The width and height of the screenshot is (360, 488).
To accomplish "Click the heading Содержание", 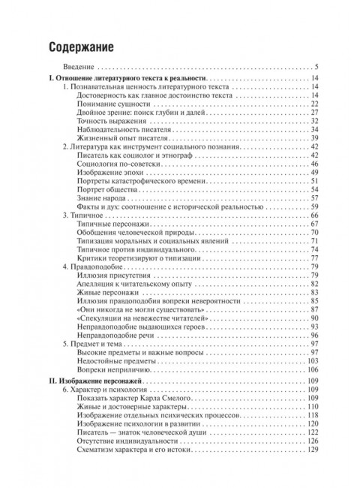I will [81, 47].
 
